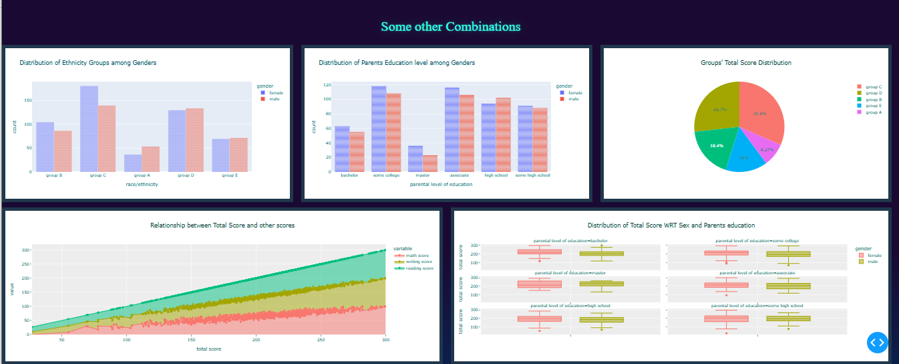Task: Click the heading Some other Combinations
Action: point(450,27)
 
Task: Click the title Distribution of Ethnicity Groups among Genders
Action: point(88,63)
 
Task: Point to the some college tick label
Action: point(386,175)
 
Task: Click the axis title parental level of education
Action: point(441,184)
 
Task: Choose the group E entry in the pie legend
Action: point(873,106)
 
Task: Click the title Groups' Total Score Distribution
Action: point(745,63)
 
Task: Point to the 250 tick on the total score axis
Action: point(321,339)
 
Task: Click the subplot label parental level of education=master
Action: point(570,273)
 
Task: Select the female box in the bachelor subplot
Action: point(539,252)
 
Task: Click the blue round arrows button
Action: point(878,342)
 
